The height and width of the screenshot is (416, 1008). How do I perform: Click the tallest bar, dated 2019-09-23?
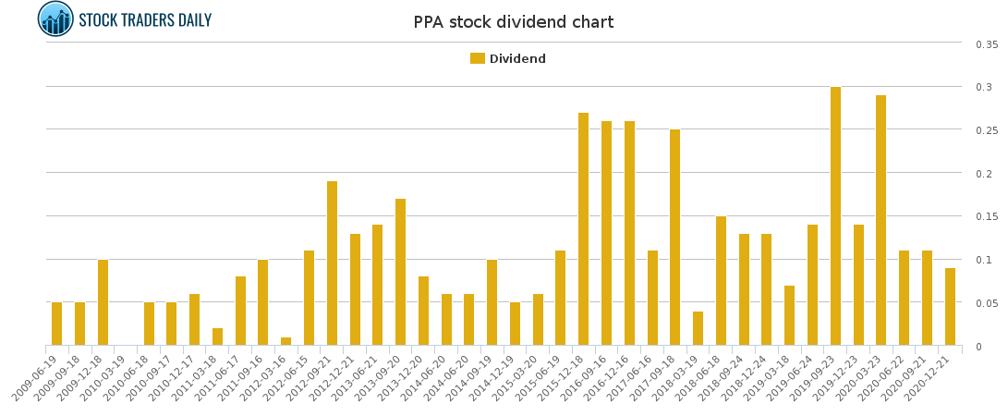(x=835, y=216)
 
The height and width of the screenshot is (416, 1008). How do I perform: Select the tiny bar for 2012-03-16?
(x=286, y=342)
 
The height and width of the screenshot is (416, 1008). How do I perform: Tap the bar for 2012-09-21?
(x=332, y=263)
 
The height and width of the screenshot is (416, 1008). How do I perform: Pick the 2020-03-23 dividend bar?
(x=881, y=221)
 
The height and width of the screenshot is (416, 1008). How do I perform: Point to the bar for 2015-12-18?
(x=584, y=229)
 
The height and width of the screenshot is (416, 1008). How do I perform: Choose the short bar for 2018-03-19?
(x=698, y=329)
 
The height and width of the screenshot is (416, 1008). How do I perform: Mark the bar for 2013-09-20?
(x=401, y=273)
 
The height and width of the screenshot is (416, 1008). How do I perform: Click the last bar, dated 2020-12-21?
(x=950, y=307)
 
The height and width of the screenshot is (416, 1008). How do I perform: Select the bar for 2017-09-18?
(x=675, y=238)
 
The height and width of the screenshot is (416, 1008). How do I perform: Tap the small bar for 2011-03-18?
(x=217, y=337)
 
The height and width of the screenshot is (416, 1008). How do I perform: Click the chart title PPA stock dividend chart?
(x=513, y=22)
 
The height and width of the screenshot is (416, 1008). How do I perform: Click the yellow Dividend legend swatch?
(x=477, y=58)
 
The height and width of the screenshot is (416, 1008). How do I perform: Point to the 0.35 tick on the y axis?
(x=986, y=44)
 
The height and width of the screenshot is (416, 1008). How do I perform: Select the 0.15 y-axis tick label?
(x=986, y=217)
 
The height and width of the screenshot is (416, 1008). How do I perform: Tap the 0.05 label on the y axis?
(x=986, y=303)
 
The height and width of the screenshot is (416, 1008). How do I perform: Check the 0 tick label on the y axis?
(x=977, y=347)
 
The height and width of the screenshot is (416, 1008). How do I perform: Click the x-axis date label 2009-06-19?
(x=35, y=379)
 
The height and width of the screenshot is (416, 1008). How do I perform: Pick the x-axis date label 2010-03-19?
(x=103, y=379)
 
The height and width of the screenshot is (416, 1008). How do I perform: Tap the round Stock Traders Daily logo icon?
(x=55, y=19)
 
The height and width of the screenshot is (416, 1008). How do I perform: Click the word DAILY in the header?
(x=190, y=20)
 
